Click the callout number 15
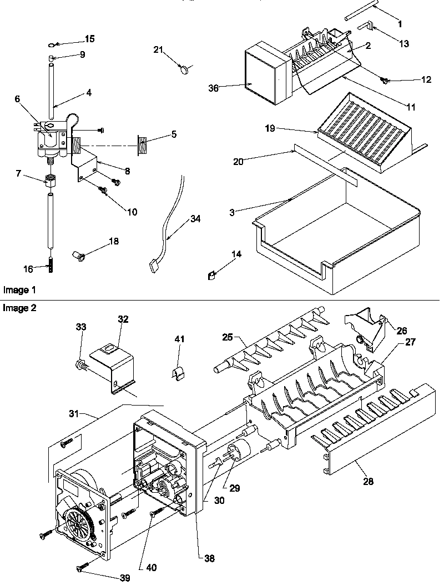tap(89, 39)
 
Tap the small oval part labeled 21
tap(185, 69)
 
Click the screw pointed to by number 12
tap(384, 81)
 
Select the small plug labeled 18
tap(78, 255)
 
